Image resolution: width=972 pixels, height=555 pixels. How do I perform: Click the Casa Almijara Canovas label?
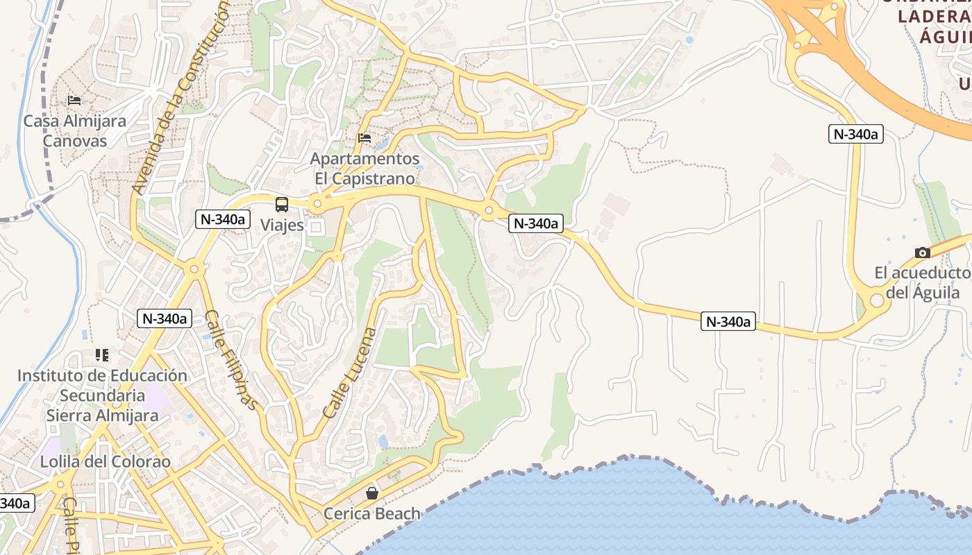point(75,131)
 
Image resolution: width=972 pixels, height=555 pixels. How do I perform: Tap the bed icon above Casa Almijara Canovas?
point(74,101)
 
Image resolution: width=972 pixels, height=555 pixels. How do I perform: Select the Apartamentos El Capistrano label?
point(365,169)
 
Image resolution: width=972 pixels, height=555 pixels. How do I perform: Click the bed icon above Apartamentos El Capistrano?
point(364,137)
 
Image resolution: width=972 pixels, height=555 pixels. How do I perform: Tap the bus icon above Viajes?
point(282,205)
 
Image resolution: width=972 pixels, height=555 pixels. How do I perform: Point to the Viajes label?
point(282,225)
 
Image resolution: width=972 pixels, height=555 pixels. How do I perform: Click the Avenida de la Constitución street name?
point(181,97)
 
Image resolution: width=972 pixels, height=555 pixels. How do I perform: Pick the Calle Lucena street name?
point(350,373)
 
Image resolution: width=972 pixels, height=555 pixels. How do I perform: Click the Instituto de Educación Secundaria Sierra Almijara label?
point(102,395)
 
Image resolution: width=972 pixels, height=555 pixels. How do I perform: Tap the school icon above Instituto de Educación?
point(102,355)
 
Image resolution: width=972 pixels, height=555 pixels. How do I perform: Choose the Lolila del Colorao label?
point(105,461)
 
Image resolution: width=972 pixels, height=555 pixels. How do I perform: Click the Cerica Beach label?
point(372,514)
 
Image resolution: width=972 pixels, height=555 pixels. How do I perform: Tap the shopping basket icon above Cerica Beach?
point(372,493)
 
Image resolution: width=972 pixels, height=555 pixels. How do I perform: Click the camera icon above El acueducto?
point(922,253)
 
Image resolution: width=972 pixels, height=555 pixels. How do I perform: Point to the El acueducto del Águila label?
point(923,282)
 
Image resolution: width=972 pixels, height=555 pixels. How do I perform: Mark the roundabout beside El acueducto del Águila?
point(876,300)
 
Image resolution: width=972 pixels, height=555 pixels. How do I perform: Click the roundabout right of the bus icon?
point(317,205)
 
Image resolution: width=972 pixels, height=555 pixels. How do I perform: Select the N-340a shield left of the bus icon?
point(223,219)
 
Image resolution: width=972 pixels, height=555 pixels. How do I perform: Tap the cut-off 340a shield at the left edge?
point(15,503)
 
